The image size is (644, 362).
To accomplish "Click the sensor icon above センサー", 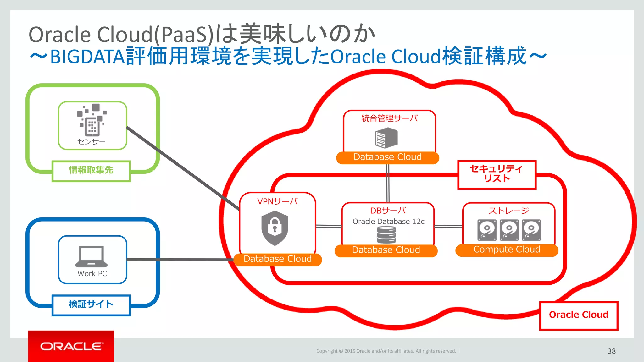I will [92, 120].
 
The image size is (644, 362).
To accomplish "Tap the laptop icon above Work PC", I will [91, 256].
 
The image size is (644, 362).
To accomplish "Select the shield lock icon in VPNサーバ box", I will [275, 228].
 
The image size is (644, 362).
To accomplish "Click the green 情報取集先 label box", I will [91, 171].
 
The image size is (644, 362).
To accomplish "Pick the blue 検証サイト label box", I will [91, 305].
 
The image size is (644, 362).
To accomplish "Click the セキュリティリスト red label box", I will [497, 175].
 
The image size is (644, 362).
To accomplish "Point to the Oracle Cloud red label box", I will [579, 315].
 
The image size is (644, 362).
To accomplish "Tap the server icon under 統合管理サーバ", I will [386, 138].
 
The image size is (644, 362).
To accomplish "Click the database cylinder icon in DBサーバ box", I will [386, 235].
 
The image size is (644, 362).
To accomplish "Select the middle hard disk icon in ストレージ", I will [509, 230].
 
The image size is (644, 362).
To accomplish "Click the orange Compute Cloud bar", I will [507, 250].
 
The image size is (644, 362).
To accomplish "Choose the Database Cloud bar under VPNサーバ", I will [278, 259].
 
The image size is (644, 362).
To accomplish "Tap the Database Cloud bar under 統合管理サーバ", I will [387, 157].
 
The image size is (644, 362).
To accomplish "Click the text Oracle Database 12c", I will [388, 222].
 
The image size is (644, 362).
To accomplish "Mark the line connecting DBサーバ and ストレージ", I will [448, 226].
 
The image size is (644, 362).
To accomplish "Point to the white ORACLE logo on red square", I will [71, 346].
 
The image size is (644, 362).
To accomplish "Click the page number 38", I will [611, 351].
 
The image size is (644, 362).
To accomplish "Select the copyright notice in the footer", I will [386, 351].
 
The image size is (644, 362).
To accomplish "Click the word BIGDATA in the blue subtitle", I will [87, 57].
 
